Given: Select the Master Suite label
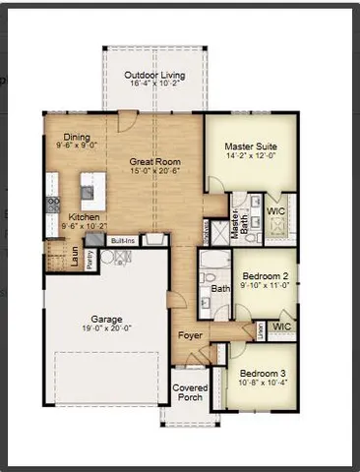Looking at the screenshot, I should pos(251,146).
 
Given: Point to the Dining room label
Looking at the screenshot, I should pos(77,137).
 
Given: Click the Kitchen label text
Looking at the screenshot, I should pos(83,216).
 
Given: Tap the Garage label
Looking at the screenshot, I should pos(107,320).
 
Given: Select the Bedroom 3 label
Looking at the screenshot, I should pos(262,375).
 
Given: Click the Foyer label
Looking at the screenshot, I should pos(190,335).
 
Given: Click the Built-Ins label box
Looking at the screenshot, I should pos(123,239).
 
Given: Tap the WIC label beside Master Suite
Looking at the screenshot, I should pos(275,209).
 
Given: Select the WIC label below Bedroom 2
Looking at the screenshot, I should pos(281,325).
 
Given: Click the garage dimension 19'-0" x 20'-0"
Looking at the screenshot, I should pos(107,329).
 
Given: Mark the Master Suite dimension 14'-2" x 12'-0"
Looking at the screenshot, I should pos(251,155).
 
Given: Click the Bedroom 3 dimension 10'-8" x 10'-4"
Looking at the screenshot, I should pos(262,384).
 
